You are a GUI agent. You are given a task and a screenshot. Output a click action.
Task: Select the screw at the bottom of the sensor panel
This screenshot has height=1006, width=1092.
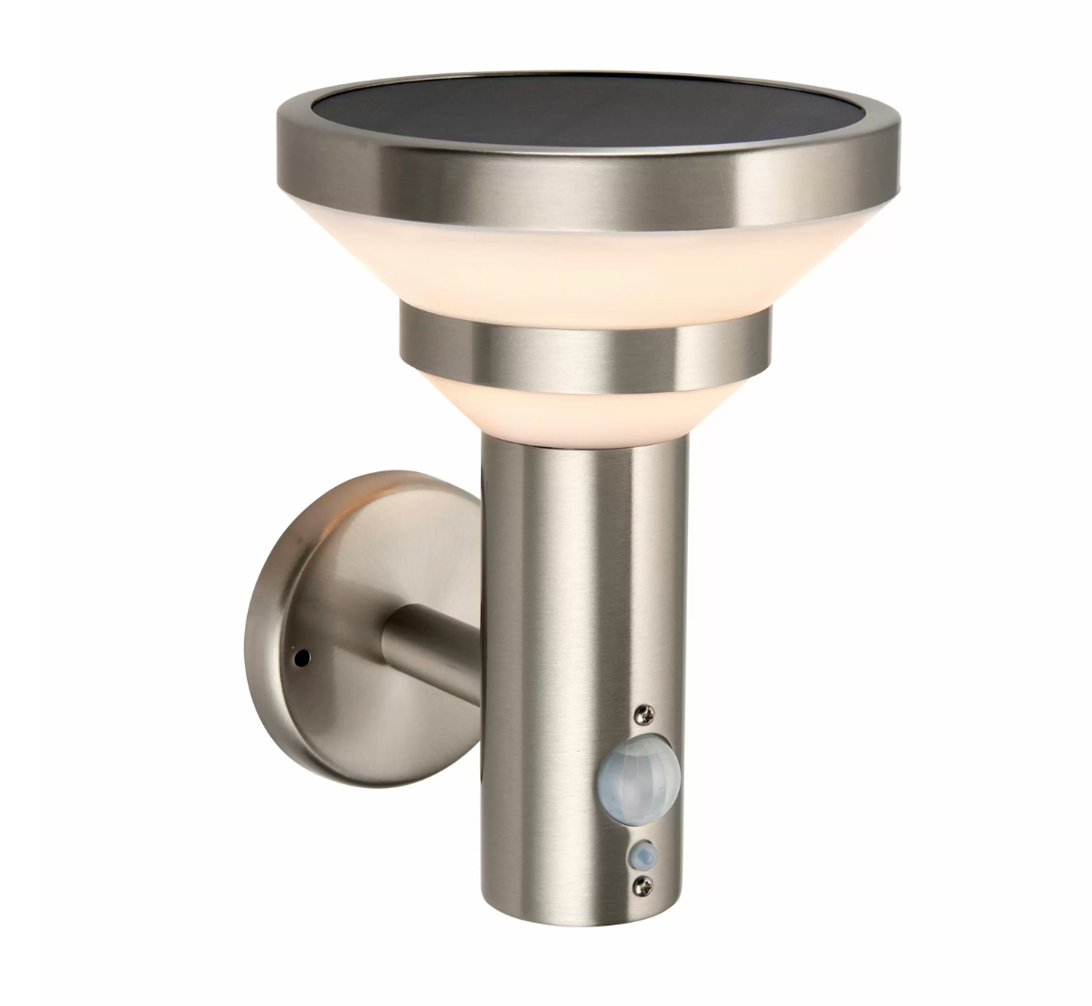[x=642, y=882]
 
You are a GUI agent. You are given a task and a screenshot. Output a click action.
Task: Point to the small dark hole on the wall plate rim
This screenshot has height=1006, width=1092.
[x=301, y=653]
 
